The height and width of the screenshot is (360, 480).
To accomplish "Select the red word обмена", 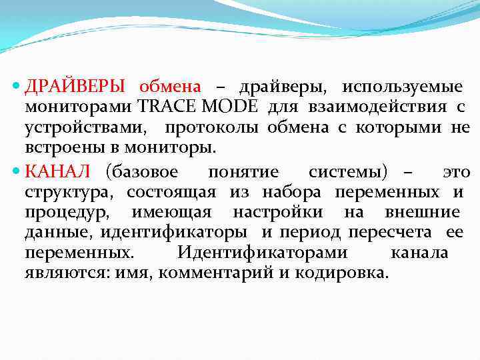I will tap(169, 87).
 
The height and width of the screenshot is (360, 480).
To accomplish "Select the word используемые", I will tap(403, 87).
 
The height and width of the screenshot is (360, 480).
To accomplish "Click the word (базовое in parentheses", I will tap(141, 173).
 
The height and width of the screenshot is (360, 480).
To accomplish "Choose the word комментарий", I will tap(220, 273).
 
